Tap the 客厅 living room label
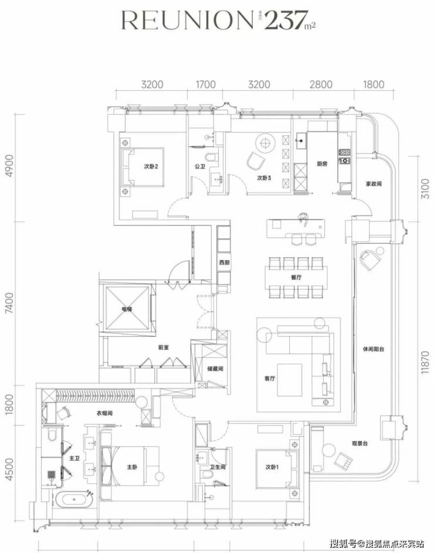click(x=270, y=378)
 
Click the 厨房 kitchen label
click(x=320, y=165)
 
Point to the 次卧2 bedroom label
click(x=152, y=166)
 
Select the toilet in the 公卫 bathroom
click(x=212, y=157)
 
